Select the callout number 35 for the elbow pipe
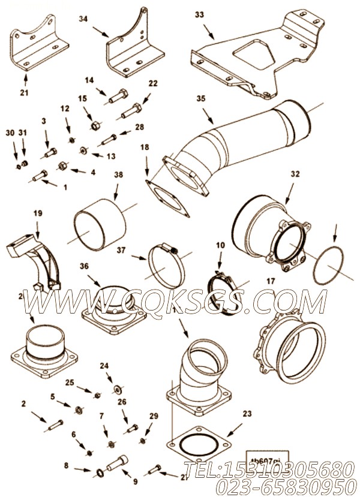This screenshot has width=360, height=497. [x=200, y=99]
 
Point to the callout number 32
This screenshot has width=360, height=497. [x=295, y=174]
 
